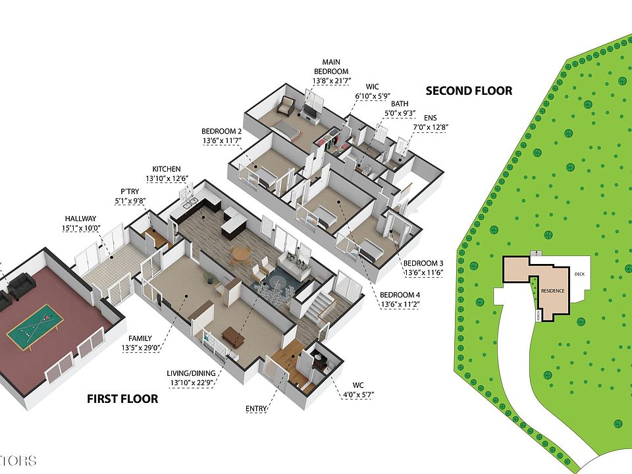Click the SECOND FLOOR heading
coord(468,91)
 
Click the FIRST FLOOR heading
coord(122,398)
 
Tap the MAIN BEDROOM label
coord(330,66)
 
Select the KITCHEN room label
coord(166,169)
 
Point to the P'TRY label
coord(129,192)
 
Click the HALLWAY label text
coord(80,219)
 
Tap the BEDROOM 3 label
coord(423,263)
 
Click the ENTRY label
coord(257,409)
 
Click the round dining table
coord(242,253)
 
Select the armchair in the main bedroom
coord(286,105)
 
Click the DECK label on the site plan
coord(579,275)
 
